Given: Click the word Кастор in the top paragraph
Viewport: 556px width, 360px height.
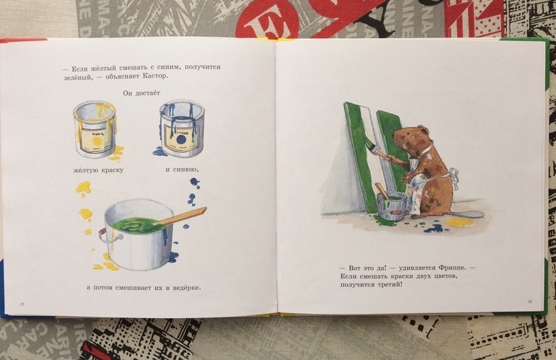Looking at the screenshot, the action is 156,76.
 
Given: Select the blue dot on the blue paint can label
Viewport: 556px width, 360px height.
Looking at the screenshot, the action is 181,139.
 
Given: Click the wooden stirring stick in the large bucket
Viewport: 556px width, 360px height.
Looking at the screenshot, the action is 181,217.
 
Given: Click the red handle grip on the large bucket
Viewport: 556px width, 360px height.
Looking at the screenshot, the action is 103,231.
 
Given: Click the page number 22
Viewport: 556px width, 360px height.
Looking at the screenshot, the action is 22,304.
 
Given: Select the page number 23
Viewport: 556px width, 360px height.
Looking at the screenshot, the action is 530,302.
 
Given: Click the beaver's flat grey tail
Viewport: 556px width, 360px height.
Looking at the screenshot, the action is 469,214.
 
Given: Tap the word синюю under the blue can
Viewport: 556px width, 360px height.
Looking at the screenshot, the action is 186,170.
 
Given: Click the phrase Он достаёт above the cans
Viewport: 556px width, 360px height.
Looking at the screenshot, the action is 142,93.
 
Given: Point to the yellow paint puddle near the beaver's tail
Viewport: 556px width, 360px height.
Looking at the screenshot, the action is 460,222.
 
